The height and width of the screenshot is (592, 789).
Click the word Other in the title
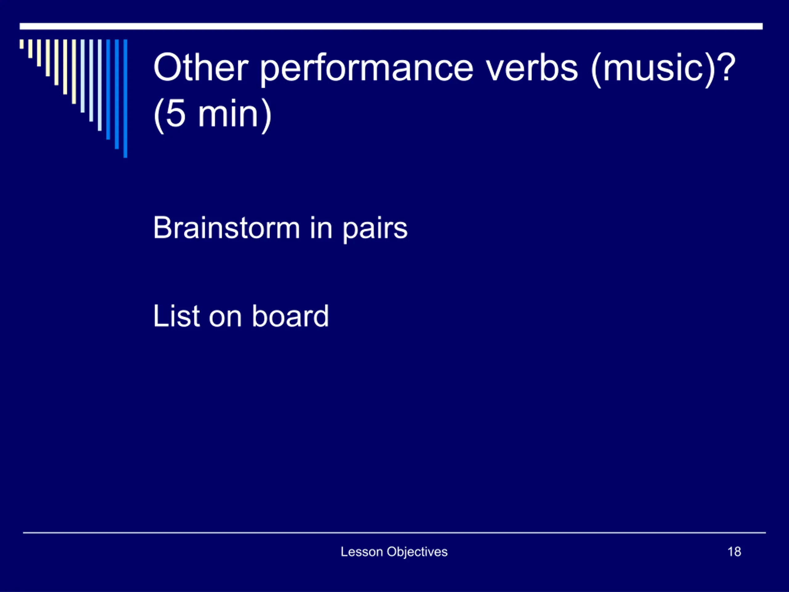click(x=201, y=67)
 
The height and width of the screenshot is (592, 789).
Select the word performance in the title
click(x=367, y=70)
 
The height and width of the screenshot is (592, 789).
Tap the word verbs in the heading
click(x=532, y=67)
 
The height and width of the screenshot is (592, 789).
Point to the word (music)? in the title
click(x=663, y=69)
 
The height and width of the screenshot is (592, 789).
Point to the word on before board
click(x=225, y=318)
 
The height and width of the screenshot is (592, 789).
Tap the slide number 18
click(x=734, y=552)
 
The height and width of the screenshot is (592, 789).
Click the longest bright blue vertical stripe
click(x=125, y=98)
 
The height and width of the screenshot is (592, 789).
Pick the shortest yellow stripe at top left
click(x=22, y=44)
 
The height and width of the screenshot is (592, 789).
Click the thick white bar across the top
click(x=391, y=27)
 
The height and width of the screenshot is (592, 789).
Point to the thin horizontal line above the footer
click(x=394, y=533)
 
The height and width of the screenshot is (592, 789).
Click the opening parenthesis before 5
click(x=159, y=116)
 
